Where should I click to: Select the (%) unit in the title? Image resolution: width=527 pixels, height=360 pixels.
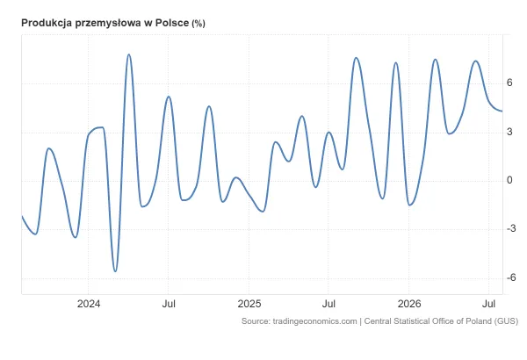[199, 24]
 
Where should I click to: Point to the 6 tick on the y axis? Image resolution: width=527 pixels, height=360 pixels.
[509, 83]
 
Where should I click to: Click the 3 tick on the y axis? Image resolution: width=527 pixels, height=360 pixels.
[509, 132]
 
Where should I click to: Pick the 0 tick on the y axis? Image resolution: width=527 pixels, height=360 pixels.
[509, 181]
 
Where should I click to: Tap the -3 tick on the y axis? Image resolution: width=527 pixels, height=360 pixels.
[511, 229]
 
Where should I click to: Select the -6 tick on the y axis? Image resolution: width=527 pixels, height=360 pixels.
[511, 277]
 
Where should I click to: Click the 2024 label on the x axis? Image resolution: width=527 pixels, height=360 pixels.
[89, 304]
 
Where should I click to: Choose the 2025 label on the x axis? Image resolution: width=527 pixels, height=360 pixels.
[249, 304]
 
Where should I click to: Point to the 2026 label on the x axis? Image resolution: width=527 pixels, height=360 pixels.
[409, 304]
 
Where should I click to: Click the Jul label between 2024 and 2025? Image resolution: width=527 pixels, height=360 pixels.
[169, 304]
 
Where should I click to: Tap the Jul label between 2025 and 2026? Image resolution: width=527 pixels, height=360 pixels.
[328, 304]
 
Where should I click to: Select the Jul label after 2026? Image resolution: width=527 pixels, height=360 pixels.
[488, 304]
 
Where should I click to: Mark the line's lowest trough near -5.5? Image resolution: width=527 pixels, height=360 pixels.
[115, 271]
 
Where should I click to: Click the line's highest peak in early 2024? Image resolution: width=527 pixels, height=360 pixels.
[129, 54]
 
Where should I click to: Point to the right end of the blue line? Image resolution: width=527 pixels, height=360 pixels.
[502, 112]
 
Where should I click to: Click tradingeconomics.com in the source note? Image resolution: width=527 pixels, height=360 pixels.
[314, 321]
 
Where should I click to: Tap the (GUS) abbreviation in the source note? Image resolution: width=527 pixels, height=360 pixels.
[506, 321]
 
